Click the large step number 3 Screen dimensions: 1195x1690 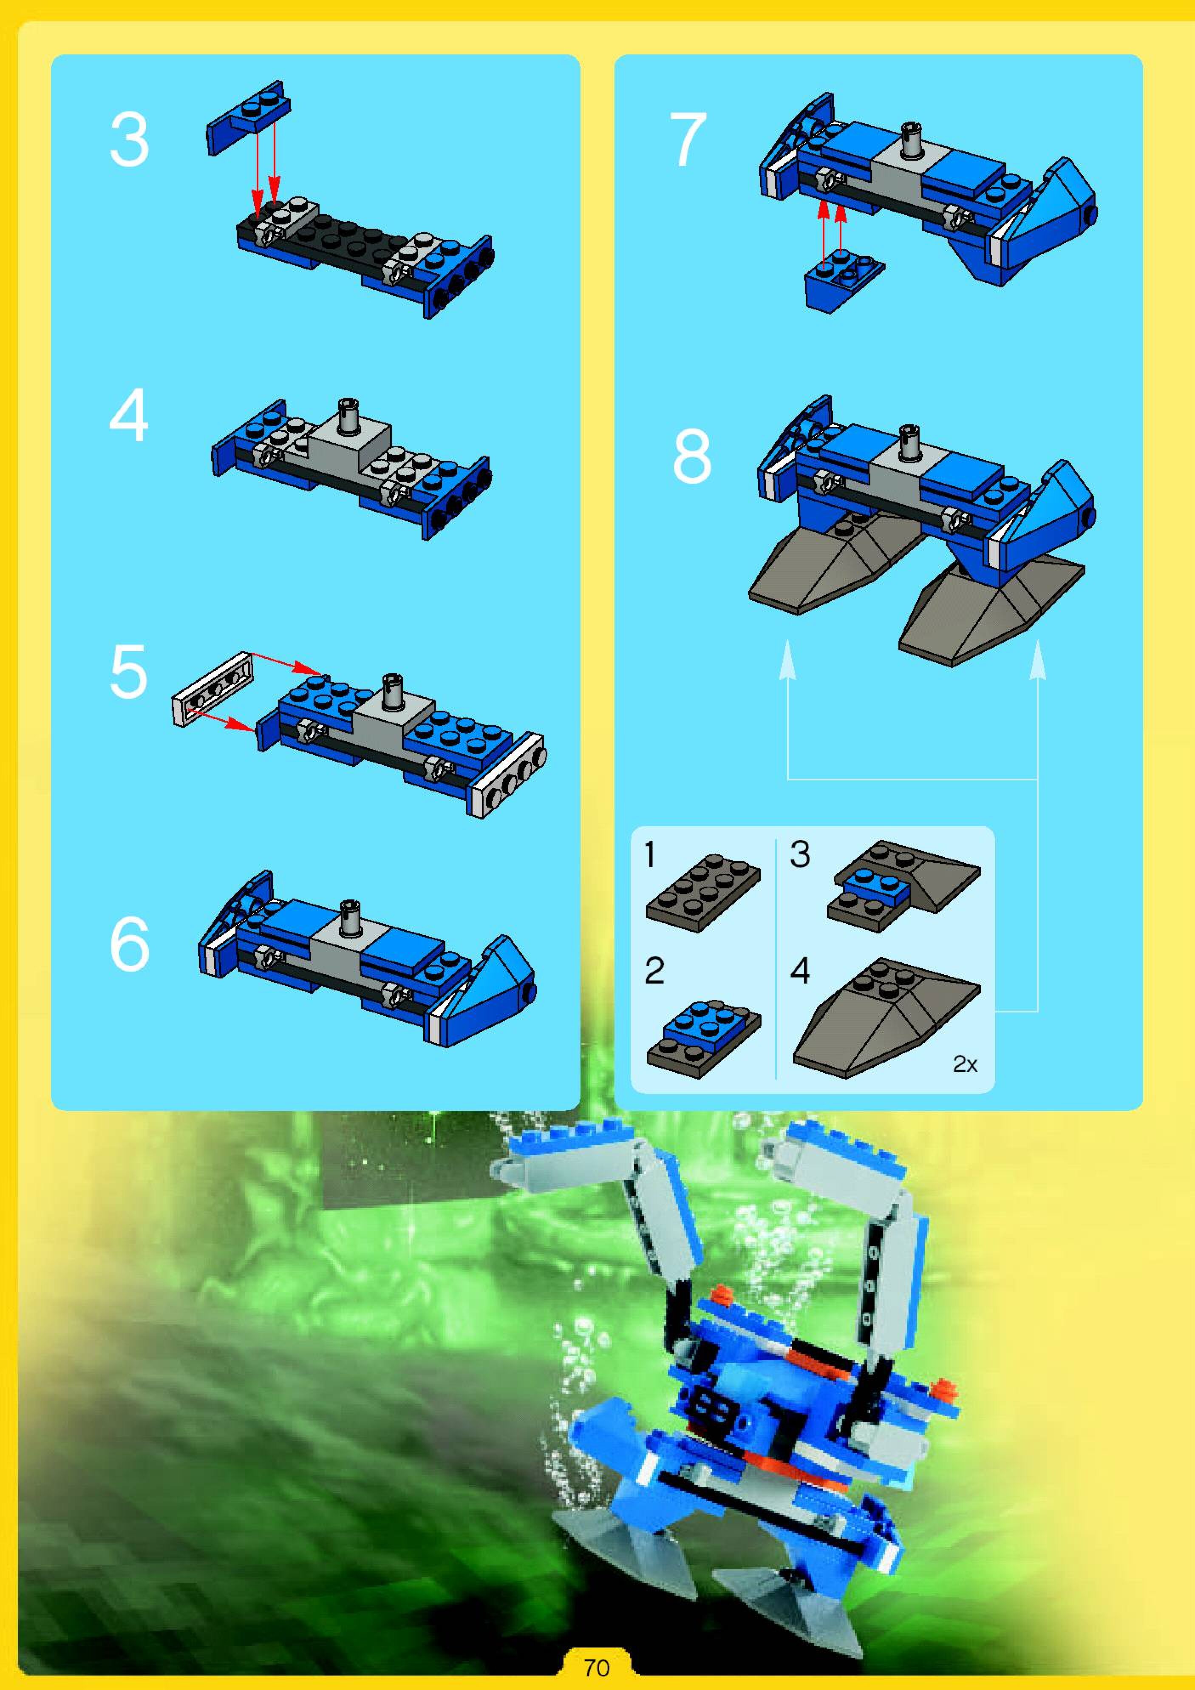click(x=130, y=140)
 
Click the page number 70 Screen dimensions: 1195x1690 click(x=597, y=1667)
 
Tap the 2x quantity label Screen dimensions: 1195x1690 click(x=965, y=1063)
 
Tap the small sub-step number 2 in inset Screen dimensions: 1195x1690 click(x=654, y=970)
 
